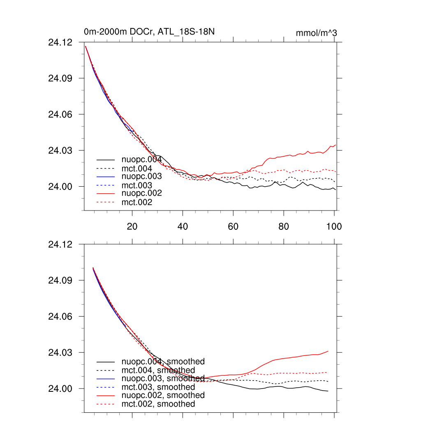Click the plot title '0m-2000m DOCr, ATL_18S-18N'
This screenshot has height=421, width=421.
click(x=149, y=32)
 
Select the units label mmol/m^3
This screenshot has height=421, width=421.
click(x=316, y=33)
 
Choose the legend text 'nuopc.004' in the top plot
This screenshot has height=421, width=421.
click(x=141, y=160)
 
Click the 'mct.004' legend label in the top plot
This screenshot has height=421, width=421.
click(x=137, y=169)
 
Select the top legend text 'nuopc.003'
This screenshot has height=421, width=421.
click(x=141, y=176)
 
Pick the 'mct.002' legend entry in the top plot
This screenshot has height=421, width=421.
click(x=137, y=202)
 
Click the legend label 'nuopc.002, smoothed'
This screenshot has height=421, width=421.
click(x=163, y=395)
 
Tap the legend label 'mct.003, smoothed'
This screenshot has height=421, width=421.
click(x=158, y=387)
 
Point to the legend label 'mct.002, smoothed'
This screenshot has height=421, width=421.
click(x=158, y=404)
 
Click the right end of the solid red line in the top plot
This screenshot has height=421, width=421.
click(x=336, y=145)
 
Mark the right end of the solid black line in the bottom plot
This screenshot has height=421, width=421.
click(x=328, y=391)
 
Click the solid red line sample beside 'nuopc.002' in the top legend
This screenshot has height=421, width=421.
click(x=106, y=194)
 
